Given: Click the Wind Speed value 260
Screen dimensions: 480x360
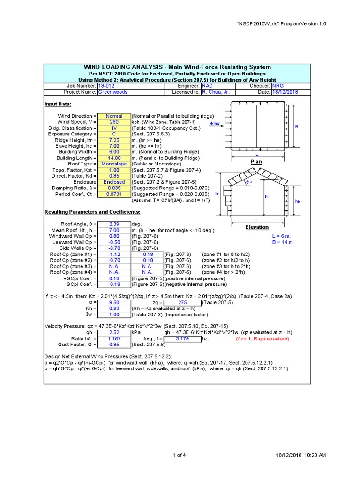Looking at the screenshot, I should (114, 122).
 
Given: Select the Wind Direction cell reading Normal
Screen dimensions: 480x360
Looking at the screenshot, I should (114, 116).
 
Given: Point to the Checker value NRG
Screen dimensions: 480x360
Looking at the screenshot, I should (278, 86).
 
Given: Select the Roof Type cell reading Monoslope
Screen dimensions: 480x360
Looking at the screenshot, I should (114, 164).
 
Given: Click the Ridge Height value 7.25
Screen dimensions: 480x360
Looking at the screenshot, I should (114, 140).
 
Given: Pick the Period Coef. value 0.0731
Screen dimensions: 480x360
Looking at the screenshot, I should (114, 194).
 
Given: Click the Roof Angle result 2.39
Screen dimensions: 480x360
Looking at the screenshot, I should (114, 224).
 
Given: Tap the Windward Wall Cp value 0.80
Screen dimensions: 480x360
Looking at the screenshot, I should (114, 236).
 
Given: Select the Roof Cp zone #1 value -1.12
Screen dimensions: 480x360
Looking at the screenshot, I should (114, 254).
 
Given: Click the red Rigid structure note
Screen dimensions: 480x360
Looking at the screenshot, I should (262, 338).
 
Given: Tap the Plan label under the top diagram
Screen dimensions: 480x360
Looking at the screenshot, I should (256, 162).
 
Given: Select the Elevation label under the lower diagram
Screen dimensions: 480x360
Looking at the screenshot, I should (257, 227).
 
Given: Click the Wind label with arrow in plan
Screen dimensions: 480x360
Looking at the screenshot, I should (214, 124).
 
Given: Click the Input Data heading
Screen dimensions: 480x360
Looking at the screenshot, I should (57, 104).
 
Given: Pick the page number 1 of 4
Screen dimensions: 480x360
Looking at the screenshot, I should (180, 455).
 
